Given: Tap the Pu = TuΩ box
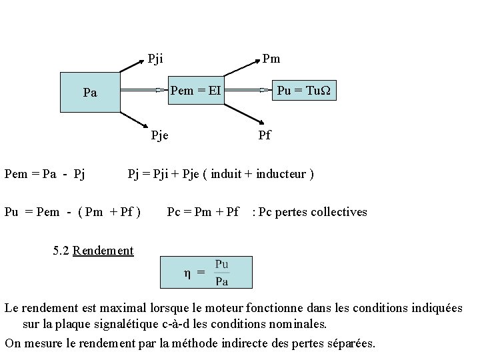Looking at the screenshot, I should [x=306, y=89].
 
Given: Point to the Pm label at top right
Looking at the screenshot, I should [x=271, y=59].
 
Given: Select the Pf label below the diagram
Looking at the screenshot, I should [x=264, y=136].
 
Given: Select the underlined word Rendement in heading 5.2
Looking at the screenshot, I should [x=103, y=251].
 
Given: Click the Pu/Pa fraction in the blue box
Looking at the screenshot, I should [x=223, y=272].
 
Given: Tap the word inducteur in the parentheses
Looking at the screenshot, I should [x=279, y=175].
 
